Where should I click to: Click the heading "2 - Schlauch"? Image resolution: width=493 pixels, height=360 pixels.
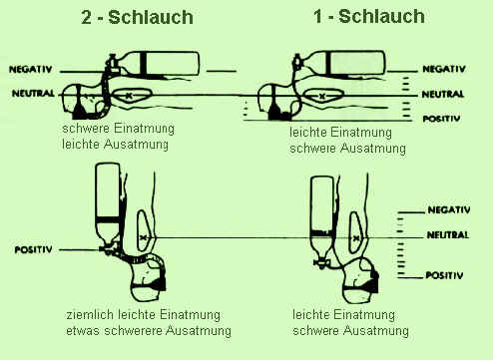137,17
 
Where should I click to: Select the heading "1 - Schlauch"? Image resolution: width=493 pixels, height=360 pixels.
369,17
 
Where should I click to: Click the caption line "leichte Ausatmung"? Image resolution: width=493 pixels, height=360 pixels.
115,145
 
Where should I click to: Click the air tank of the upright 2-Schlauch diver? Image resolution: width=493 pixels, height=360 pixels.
108,202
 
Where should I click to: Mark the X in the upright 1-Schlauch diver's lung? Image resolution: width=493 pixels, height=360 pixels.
356,238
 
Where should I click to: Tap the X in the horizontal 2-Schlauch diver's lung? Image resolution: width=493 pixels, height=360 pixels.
129,96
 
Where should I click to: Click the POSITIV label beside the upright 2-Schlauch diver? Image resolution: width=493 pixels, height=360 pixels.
33,250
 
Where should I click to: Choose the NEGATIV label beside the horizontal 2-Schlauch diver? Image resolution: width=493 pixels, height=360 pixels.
30,69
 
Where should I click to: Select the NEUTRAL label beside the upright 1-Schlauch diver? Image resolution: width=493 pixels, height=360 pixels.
447,235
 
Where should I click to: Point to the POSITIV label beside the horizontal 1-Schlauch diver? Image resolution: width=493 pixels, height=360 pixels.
441,119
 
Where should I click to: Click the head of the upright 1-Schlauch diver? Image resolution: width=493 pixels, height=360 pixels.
360,281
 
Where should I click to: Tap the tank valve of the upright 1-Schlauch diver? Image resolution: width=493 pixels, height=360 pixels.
321,263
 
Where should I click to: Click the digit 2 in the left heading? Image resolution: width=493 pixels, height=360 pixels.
86,17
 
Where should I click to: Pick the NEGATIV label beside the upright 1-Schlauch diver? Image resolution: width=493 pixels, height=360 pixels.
449,210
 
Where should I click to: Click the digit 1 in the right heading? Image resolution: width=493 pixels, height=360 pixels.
318,17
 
